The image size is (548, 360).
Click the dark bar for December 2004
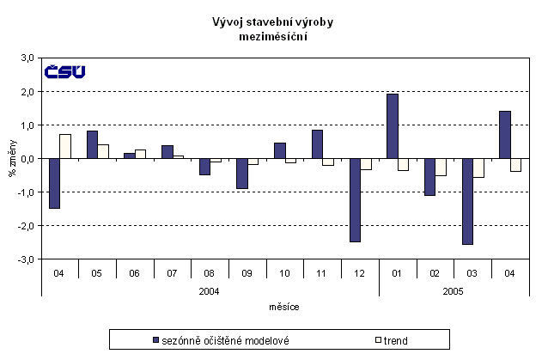[x=354, y=200]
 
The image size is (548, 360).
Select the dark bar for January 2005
[x=392, y=126]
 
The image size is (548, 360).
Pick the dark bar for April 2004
[x=54, y=183]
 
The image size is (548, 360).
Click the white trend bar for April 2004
[x=65, y=147]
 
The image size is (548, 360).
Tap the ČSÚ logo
[x=65, y=71]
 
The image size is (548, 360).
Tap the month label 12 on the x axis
[x=360, y=272]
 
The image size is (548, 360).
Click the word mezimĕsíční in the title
[x=274, y=36]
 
